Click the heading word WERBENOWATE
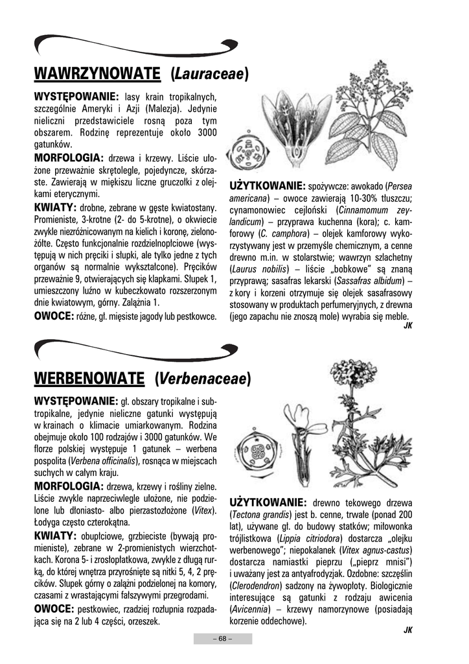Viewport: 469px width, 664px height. click(x=89, y=377)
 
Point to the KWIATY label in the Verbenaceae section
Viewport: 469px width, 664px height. click(x=55, y=536)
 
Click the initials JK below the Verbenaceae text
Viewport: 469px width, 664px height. click(x=407, y=630)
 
